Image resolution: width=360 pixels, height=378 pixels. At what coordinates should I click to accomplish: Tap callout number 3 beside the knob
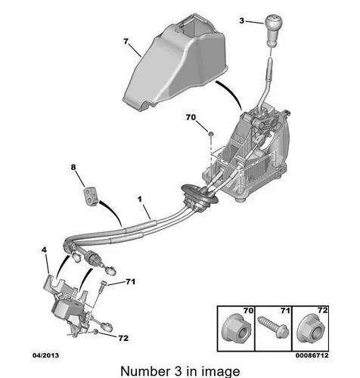242,20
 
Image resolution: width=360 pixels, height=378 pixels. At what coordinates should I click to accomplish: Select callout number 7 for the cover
126,42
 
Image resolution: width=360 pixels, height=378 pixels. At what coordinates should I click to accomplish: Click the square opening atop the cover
192,28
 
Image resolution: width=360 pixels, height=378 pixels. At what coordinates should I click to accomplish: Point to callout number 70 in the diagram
191,117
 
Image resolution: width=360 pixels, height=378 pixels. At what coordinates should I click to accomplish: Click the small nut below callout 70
211,133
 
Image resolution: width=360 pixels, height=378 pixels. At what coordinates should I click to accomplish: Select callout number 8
73,167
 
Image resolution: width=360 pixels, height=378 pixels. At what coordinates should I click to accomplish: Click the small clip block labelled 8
91,196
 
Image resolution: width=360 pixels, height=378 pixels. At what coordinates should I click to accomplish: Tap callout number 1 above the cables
139,200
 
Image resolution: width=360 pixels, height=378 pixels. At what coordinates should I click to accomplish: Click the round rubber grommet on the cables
198,196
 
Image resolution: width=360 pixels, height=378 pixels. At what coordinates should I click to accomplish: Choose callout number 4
44,250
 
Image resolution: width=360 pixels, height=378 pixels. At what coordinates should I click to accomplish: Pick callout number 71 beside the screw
130,281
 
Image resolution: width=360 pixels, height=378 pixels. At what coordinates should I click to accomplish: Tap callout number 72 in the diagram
123,338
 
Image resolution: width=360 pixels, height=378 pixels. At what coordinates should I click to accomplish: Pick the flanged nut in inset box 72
311,330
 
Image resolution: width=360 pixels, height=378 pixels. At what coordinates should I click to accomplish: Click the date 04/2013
45,355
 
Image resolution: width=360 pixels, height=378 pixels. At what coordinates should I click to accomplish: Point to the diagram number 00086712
312,355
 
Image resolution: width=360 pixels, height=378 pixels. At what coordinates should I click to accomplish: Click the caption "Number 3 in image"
181,372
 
